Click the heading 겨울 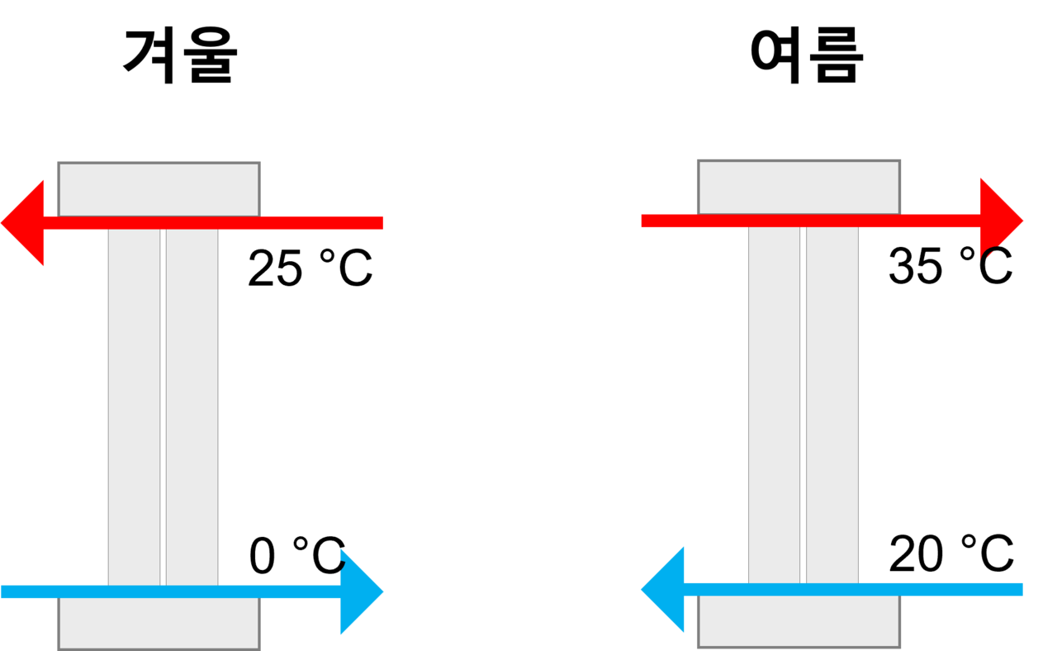click(x=180, y=55)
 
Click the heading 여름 click(x=807, y=55)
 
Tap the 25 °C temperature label click(x=310, y=268)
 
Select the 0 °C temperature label click(x=296, y=555)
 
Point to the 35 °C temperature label click(x=950, y=265)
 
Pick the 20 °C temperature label click(x=951, y=553)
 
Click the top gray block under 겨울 click(x=159, y=189)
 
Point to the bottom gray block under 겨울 click(x=159, y=624)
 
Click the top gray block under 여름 click(x=799, y=188)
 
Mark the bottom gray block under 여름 click(x=799, y=621)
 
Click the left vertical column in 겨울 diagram click(x=134, y=407)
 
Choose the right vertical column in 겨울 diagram click(x=192, y=407)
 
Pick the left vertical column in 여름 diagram click(x=775, y=405)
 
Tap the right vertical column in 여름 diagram click(x=832, y=405)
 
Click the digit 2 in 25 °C click(x=260, y=268)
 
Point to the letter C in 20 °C click(x=997, y=554)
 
